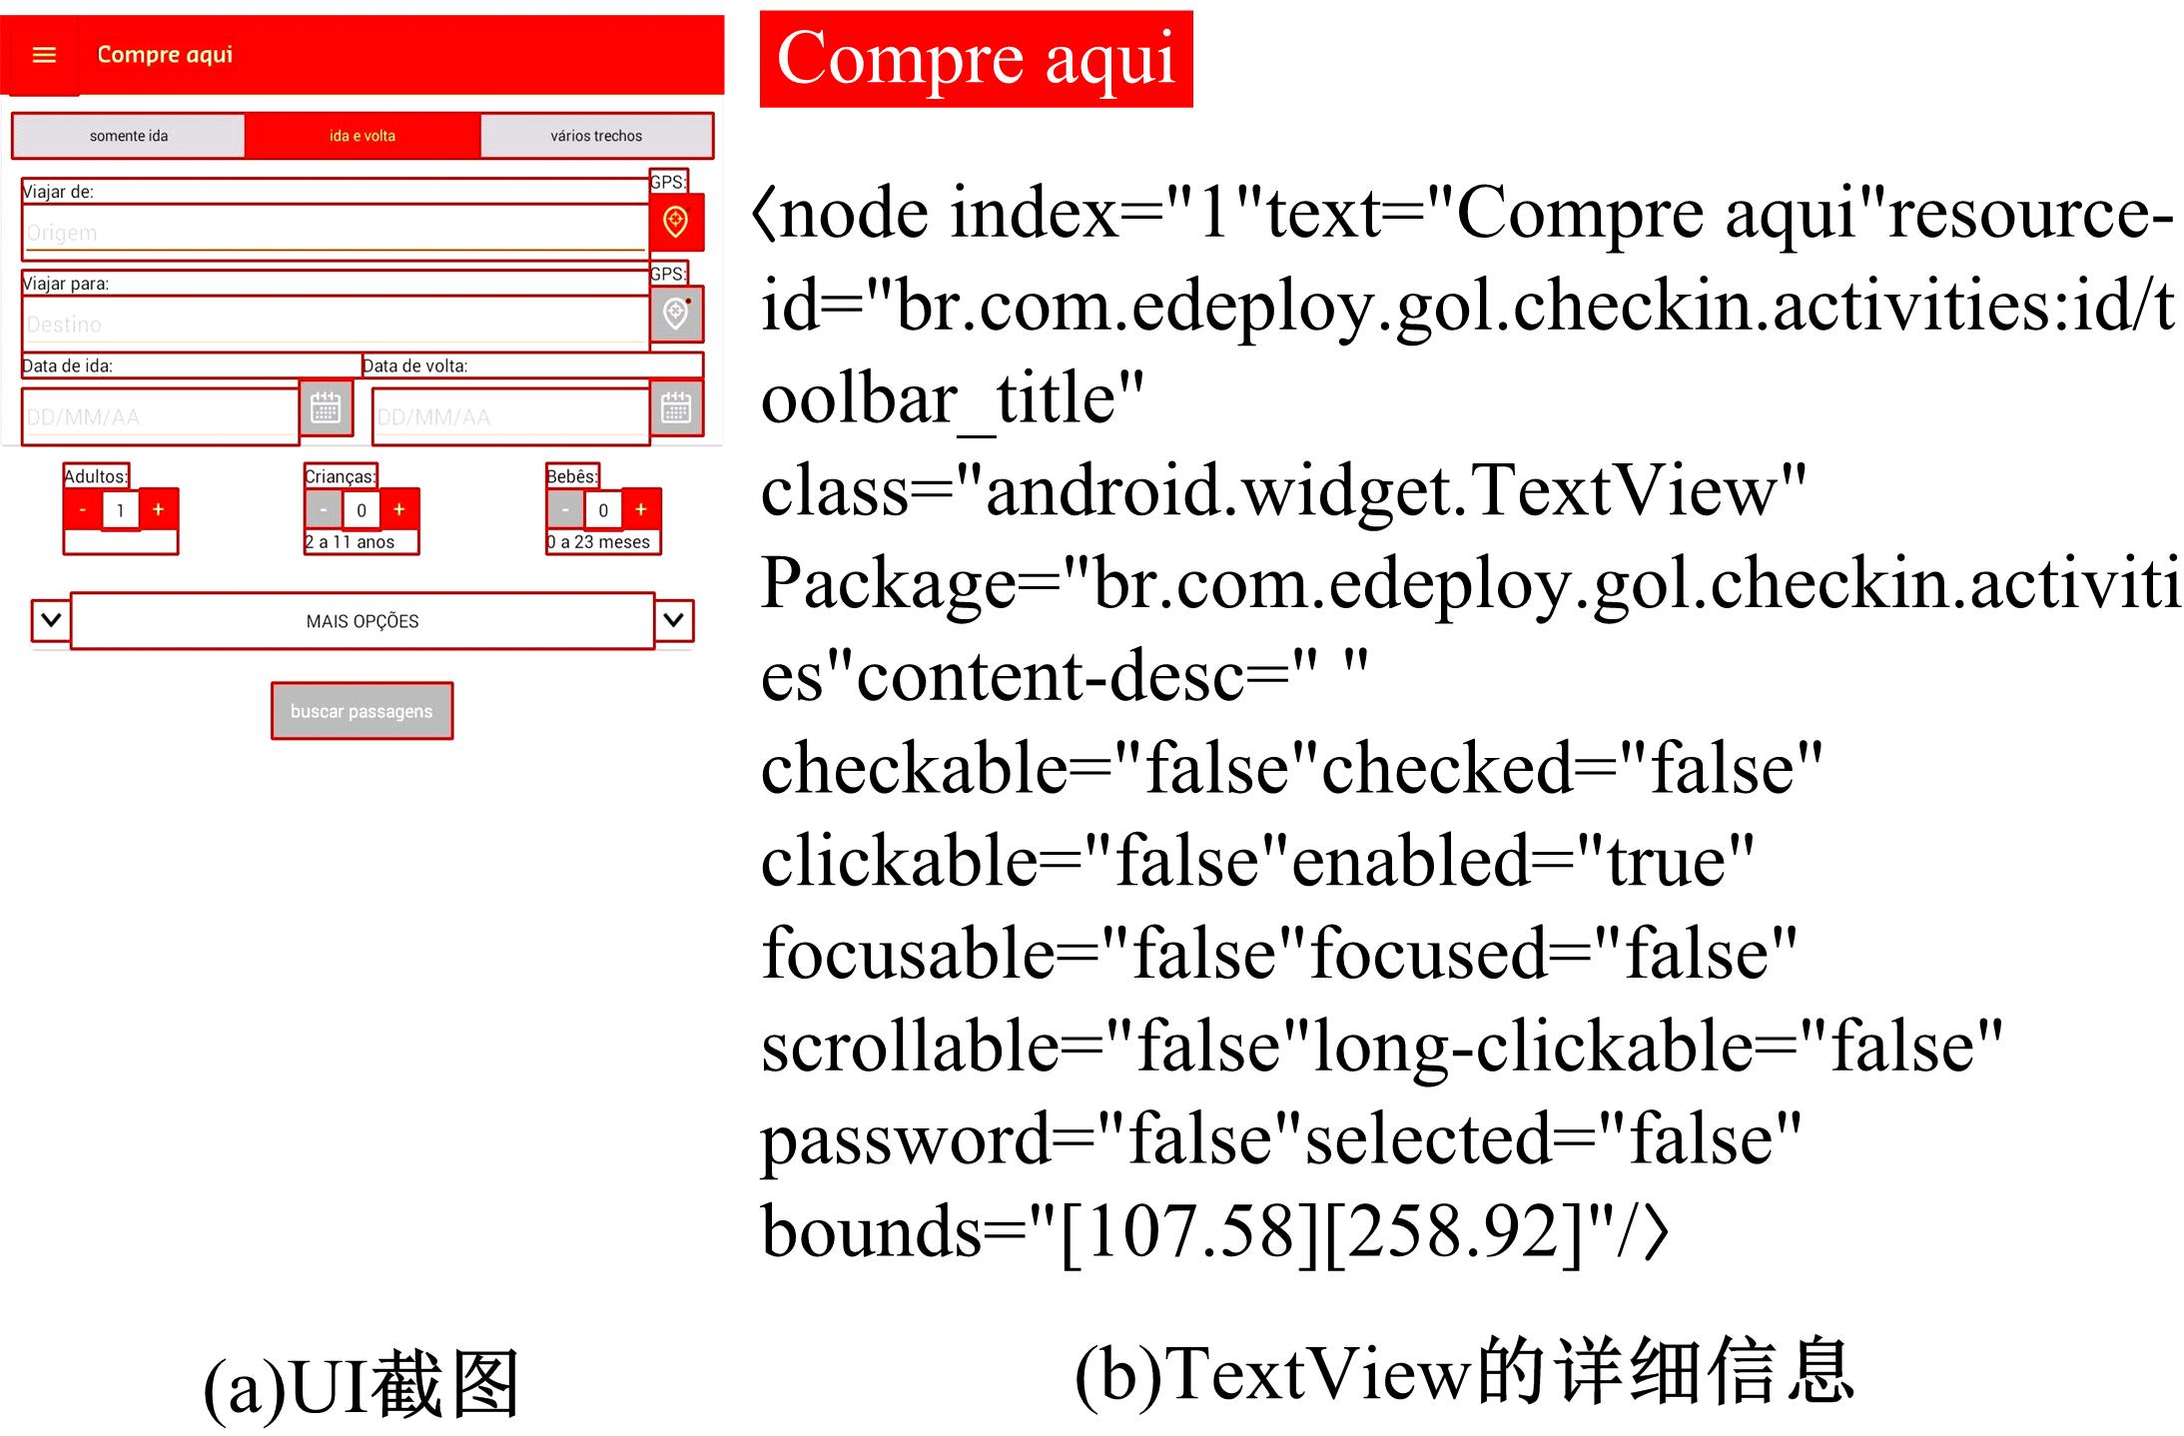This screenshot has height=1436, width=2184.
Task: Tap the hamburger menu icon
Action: (44, 55)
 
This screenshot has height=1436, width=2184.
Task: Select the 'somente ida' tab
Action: (129, 136)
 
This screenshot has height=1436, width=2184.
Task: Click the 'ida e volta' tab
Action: (363, 136)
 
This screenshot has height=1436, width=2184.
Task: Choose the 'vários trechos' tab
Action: (596, 136)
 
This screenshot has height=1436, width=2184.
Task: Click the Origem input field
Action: (335, 233)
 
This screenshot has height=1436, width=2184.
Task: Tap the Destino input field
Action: (335, 324)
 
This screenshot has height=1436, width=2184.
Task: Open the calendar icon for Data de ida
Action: (326, 408)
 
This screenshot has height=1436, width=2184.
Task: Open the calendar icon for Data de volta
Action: (676, 408)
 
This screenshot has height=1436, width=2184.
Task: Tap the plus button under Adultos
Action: (158, 509)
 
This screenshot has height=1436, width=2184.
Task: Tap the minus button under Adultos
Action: (83, 509)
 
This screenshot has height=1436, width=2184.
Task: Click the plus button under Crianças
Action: (399, 509)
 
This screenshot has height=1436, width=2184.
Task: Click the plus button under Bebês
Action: (641, 509)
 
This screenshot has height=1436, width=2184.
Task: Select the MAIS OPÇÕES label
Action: (363, 621)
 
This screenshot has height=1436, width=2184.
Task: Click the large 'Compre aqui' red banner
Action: (976, 59)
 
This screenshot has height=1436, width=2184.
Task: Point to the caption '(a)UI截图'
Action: (362, 1385)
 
